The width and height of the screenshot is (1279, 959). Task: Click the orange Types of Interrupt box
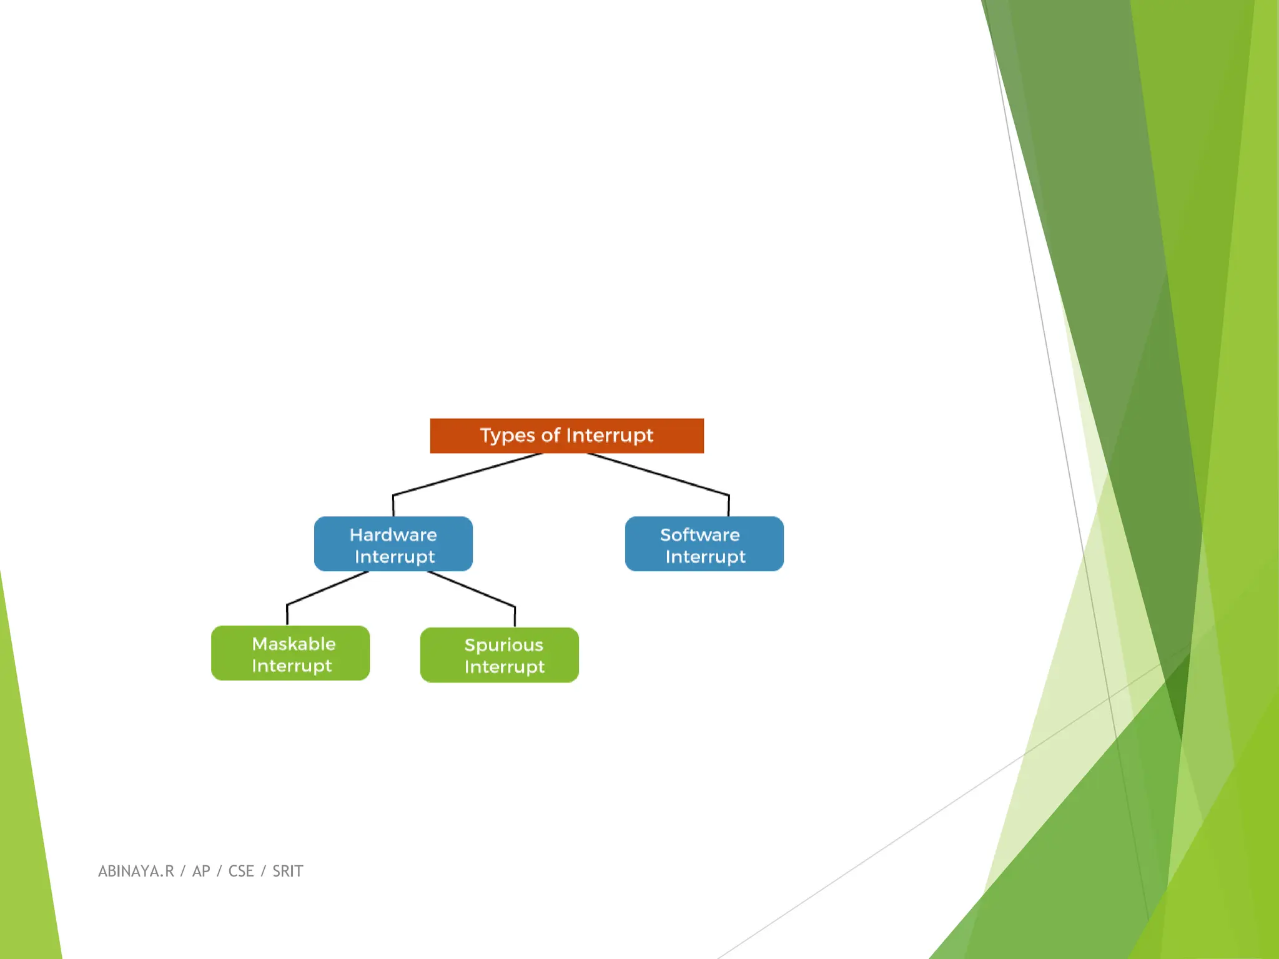566,436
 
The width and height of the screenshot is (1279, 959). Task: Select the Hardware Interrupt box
393,544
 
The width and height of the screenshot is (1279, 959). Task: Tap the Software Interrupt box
704,544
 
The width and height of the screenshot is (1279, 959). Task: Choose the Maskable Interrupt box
290,653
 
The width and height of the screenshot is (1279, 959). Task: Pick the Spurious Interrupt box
499,655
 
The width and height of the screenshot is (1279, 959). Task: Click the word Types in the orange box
507,436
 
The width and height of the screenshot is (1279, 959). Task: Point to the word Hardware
393,535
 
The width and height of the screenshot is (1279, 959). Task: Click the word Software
699,535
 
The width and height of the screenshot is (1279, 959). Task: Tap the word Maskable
294,644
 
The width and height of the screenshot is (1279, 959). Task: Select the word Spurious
503,645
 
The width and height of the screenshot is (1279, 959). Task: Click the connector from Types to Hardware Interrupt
467,475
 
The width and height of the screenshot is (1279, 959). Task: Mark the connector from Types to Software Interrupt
658,475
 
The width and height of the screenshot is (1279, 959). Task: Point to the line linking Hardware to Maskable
327,588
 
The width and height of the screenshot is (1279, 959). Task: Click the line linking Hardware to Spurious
472,589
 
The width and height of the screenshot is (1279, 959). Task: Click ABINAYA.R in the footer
136,871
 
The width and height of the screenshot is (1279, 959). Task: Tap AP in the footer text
201,871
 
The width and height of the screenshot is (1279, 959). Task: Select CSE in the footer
241,871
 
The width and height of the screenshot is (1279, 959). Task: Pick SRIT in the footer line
287,871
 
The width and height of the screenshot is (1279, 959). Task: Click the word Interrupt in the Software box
705,557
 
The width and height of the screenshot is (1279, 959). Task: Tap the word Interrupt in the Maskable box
292,666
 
